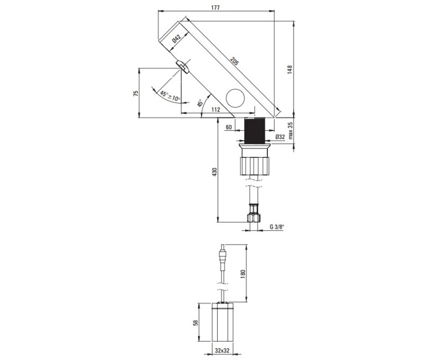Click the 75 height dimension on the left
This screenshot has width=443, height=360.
point(136,93)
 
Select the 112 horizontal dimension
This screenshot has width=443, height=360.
point(216,110)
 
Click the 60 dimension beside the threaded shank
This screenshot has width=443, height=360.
point(228,127)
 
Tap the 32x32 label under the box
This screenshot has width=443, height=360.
point(222,351)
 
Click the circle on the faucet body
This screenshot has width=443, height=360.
point(235,99)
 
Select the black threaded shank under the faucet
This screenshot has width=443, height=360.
point(255,131)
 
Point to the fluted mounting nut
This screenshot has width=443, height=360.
point(255,164)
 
